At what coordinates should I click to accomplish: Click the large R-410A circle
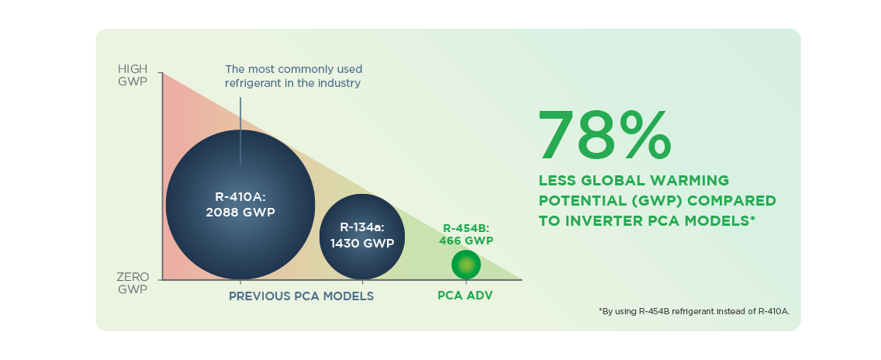coord(240,205)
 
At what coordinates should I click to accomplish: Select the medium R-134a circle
coord(362,237)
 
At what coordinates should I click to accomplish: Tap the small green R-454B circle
coord(466,265)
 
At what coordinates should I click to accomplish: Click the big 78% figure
coord(605,135)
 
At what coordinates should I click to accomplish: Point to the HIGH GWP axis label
coord(133,75)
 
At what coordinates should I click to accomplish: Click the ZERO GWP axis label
coord(133,283)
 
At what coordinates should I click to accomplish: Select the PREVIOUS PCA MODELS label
coord(301,296)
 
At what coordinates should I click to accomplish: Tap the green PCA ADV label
coord(465,296)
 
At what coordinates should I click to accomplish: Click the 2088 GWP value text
coord(241,213)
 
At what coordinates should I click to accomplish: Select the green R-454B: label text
coord(467,228)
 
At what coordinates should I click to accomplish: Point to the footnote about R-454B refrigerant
coord(694,311)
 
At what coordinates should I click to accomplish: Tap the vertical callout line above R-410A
coord(240,131)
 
